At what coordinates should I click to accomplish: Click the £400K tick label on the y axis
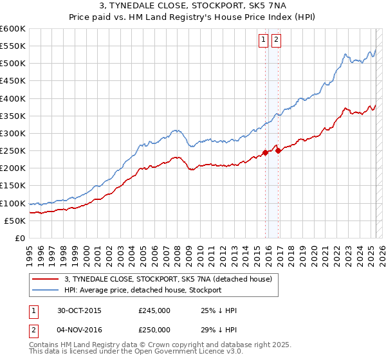tap(13, 98)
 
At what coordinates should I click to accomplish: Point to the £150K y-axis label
tap(13, 186)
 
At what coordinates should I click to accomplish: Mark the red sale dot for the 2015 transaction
tap(265, 152)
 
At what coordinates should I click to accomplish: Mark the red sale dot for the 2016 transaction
tap(277, 150)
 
